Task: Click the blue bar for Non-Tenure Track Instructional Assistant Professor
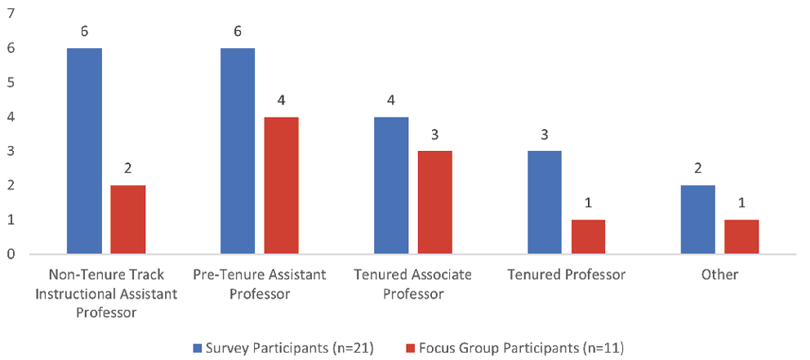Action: (84, 151)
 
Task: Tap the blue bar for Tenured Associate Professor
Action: (391, 185)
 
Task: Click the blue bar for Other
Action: (698, 220)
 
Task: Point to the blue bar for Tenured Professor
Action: (545, 202)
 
